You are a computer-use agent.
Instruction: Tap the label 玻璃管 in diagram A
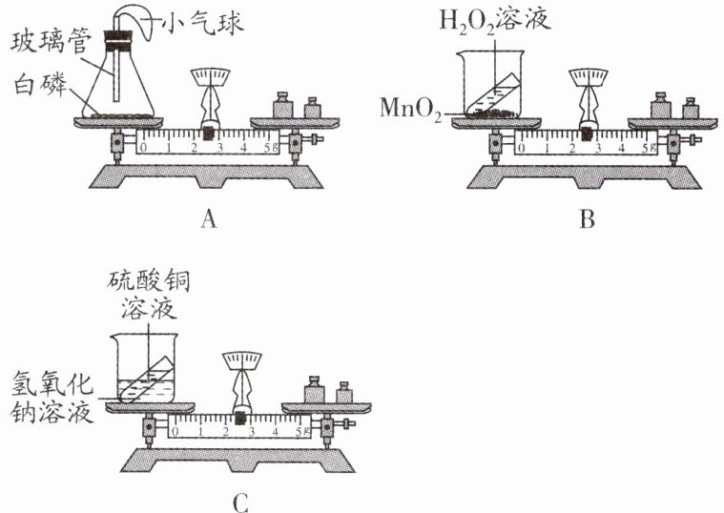point(46,43)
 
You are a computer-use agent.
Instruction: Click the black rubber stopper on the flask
point(117,39)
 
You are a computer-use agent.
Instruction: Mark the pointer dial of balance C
point(241,362)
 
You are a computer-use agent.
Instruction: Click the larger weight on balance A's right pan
point(282,105)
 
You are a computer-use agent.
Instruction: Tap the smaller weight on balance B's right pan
point(691,108)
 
